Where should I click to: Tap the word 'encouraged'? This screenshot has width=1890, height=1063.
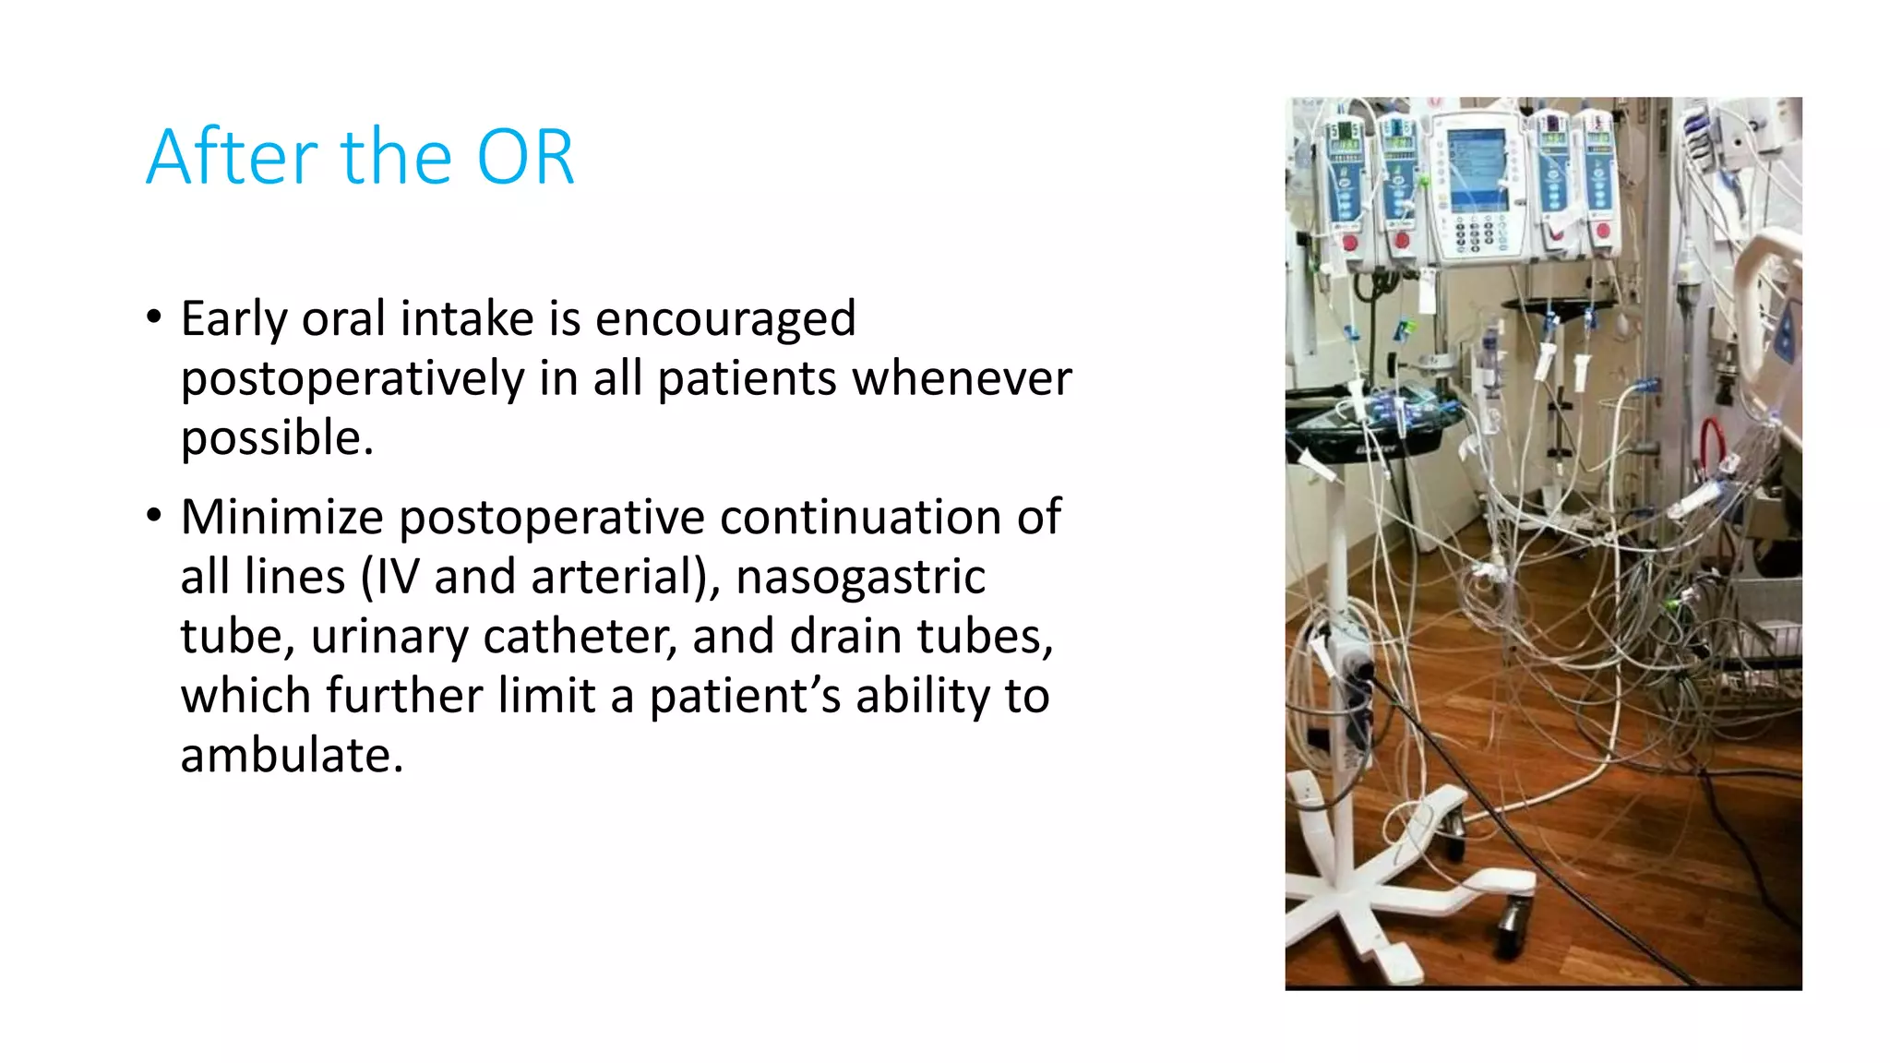pyautogui.click(x=725, y=319)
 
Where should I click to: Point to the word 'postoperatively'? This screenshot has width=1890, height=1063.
pyautogui.click(x=353, y=379)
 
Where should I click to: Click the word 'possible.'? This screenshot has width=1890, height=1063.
pyautogui.click(x=277, y=438)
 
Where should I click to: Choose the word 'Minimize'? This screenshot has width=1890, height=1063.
pyautogui.click(x=281, y=517)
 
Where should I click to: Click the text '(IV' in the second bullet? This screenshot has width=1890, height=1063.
pyautogui.click(x=389, y=577)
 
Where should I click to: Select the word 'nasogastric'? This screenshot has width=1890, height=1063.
pyautogui.click(x=860, y=577)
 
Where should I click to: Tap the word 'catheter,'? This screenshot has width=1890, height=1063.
pyautogui.click(x=580, y=637)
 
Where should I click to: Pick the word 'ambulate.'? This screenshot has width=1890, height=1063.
pyautogui.click(x=292, y=756)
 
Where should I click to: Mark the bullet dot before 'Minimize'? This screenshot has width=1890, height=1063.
pyautogui.click(x=154, y=516)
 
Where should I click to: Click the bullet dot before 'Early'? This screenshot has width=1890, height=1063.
pyautogui.click(x=154, y=317)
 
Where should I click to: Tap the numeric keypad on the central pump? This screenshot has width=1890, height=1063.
pyautogui.click(x=1474, y=234)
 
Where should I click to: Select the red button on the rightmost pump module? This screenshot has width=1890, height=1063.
pyautogui.click(x=1603, y=232)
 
